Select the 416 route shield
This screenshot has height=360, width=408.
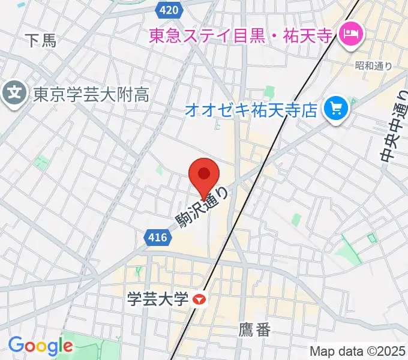157,238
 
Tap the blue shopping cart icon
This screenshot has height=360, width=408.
334,109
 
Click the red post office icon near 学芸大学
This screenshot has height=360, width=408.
200,298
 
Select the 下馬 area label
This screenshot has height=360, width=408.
41,41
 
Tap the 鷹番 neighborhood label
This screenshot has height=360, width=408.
254,329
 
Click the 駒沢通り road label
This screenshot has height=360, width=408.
202,208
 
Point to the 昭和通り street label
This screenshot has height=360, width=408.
373,66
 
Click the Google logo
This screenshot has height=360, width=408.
40,346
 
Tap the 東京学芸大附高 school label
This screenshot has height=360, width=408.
91,94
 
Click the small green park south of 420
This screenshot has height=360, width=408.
269,93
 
